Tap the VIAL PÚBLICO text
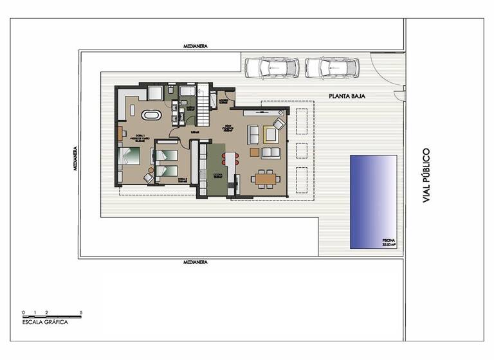point(425,176)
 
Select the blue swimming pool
point(373,201)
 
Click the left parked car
point(270,67)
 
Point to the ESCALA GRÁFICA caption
point(45,323)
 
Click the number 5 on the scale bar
point(81,312)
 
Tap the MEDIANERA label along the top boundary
point(194,47)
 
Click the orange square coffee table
point(255,152)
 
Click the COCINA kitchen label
point(217,175)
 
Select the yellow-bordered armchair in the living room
point(270,134)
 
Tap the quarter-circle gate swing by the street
point(386,71)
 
